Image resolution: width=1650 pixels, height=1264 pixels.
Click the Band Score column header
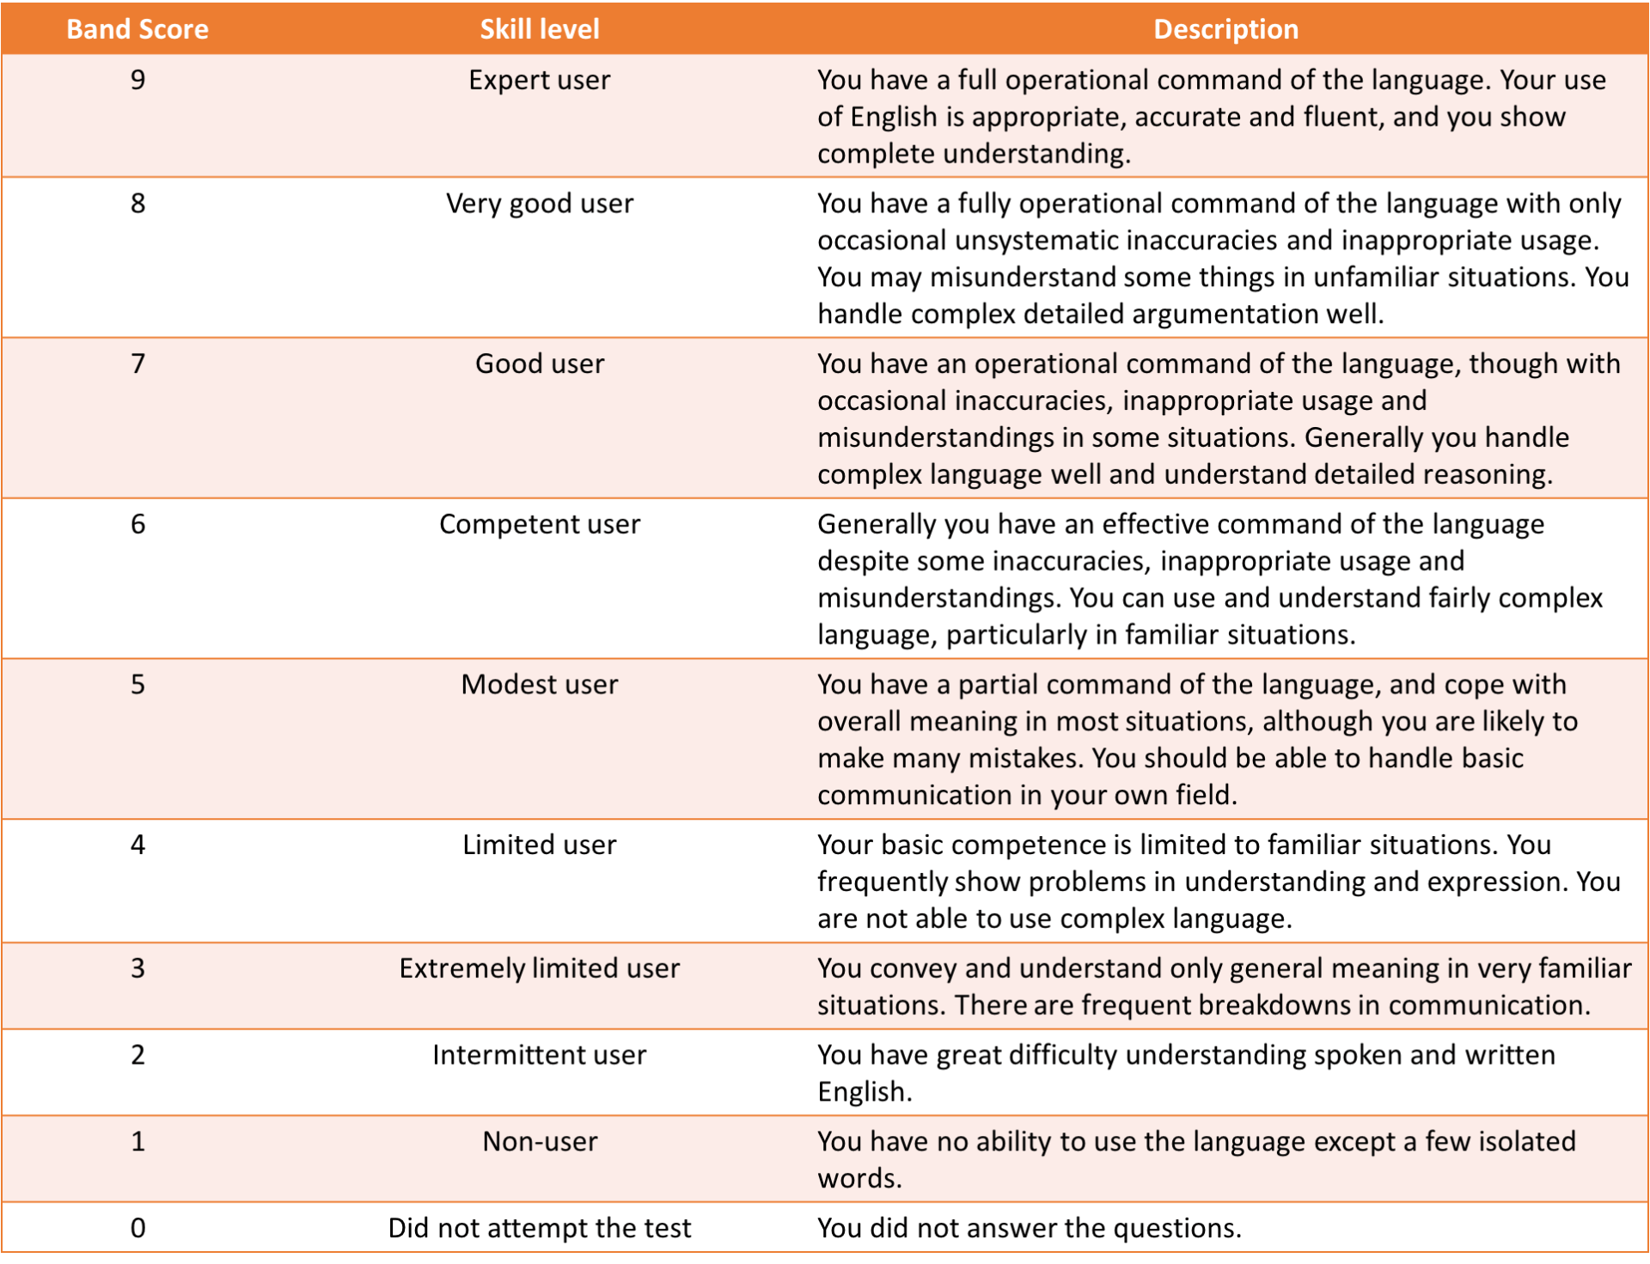[137, 29]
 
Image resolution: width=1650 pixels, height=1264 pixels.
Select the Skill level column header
[539, 29]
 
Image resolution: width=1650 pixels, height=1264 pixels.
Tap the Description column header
[1225, 29]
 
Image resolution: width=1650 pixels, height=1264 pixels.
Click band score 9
[137, 80]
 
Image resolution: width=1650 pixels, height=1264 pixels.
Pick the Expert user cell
[539, 80]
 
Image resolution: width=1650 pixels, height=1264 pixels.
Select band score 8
[137, 204]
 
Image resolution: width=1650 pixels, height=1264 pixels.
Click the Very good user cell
[539, 204]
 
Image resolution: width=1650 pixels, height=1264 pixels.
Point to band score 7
[137, 363]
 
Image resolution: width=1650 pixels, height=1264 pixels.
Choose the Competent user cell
[539, 524]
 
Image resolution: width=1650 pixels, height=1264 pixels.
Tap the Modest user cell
[539, 684]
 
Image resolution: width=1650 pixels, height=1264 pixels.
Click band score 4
[137, 845]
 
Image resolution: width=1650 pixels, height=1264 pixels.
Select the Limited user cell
[539, 845]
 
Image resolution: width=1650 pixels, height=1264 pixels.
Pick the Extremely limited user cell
[539, 968]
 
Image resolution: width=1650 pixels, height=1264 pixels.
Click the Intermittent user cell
[539, 1054]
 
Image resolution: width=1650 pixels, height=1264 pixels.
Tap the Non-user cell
[539, 1141]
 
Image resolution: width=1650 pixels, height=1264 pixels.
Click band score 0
[137, 1228]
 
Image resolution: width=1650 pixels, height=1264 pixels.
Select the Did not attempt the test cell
[539, 1228]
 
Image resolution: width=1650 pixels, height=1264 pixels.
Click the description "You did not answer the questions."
[1029, 1228]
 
